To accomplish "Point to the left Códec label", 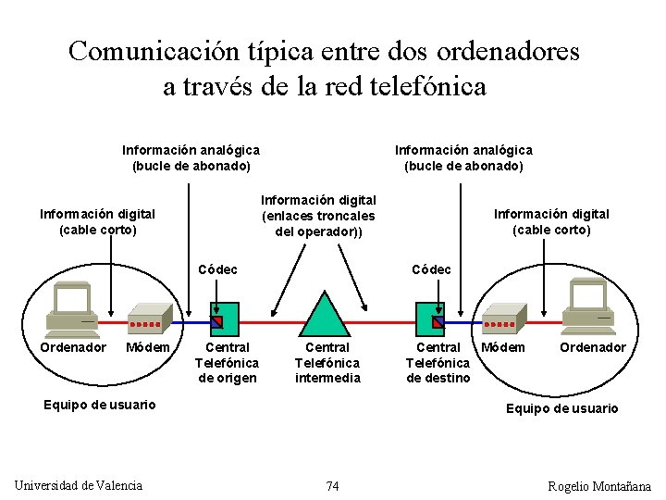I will pos(218,269).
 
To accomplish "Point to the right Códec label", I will pos(431,269).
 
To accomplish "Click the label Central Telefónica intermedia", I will pos(327,362).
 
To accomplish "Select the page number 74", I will pos(332,486).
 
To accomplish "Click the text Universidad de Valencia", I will pos(79,485).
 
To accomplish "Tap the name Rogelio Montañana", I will pos(598,486).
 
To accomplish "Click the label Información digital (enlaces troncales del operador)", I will pos(318,215).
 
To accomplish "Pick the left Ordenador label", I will pos(73,347).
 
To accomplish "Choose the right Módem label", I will pos(504,347).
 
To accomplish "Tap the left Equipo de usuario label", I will pos(100,404).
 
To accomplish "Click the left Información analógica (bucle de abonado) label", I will pos(191,157).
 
